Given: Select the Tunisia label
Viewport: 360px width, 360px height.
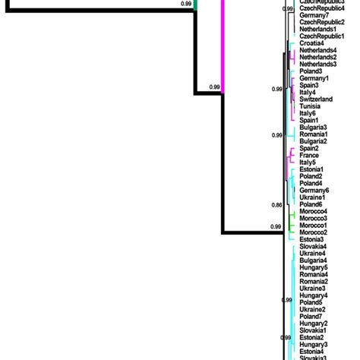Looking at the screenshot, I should [x=311, y=106].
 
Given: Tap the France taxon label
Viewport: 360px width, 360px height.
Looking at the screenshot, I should [x=309, y=155].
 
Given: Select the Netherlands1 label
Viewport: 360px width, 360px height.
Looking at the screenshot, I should [x=318, y=29].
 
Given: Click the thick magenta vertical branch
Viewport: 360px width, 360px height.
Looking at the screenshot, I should [x=223, y=46].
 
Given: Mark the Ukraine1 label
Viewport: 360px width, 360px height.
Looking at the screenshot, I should [x=312, y=197].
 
